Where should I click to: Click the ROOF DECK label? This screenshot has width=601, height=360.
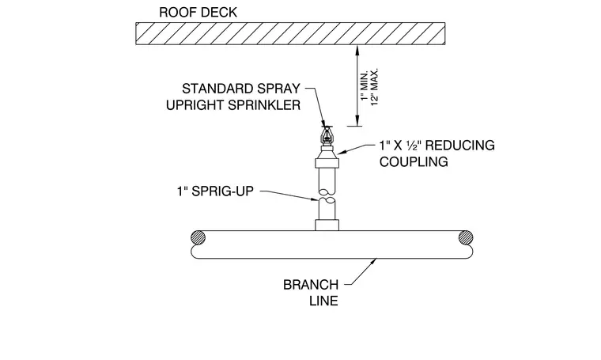198,13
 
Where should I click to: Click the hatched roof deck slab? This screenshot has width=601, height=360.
290,34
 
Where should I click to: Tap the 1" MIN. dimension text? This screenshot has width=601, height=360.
364,85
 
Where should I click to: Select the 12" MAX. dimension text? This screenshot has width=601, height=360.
375,87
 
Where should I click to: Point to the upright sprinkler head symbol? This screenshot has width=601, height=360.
327,137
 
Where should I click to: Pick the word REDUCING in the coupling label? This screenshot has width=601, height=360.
460,146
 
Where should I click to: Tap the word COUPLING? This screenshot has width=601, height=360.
414,161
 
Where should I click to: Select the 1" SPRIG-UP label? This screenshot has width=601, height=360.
215,191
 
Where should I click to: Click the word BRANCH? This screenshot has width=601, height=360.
311,285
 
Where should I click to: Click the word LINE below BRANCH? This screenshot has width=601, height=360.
324,301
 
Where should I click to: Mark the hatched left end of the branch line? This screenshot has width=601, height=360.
198,237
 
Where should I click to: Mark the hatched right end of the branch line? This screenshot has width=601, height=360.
466,237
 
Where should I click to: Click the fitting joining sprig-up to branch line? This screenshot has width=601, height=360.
327,225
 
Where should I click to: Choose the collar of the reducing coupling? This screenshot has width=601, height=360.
327,163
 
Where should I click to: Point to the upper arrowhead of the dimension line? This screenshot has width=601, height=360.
357,50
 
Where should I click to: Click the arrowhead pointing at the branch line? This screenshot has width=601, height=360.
373,262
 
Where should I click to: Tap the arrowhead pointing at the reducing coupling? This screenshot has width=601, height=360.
342,152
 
